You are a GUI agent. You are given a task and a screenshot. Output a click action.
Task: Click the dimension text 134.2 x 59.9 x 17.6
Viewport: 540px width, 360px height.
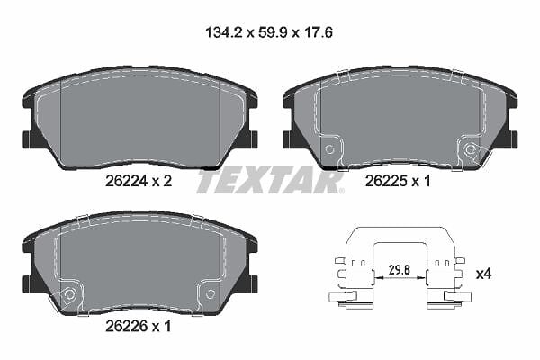coord(269,33)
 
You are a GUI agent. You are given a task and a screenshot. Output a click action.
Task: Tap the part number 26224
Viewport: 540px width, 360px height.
coord(126,181)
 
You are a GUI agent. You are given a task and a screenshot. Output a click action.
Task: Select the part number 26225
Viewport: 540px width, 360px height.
coord(386,181)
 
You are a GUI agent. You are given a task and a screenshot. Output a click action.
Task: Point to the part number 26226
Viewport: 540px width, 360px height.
coord(126,326)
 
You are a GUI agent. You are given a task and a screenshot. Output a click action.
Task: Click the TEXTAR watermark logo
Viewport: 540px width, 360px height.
coord(270,181)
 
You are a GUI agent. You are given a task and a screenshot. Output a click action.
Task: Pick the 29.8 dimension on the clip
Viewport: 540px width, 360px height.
coord(399,269)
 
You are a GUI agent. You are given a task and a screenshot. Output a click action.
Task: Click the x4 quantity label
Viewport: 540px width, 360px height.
coord(483,274)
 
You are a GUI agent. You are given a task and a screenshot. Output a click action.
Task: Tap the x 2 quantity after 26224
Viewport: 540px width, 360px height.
coord(162,181)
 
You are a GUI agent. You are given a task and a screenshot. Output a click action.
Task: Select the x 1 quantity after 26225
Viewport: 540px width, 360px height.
coord(421,181)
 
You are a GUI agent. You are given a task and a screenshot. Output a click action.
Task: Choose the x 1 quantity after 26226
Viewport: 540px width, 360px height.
coord(161,326)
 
